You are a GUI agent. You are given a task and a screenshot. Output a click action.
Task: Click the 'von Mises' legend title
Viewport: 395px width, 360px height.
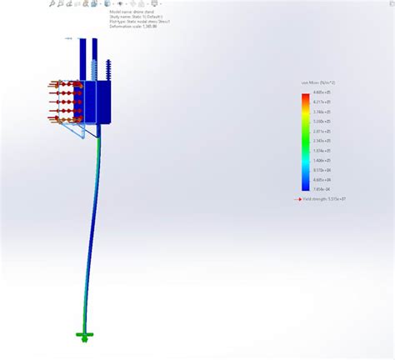click(312, 82)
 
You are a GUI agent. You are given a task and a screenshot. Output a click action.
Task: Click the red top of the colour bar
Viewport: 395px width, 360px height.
click(306, 96)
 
